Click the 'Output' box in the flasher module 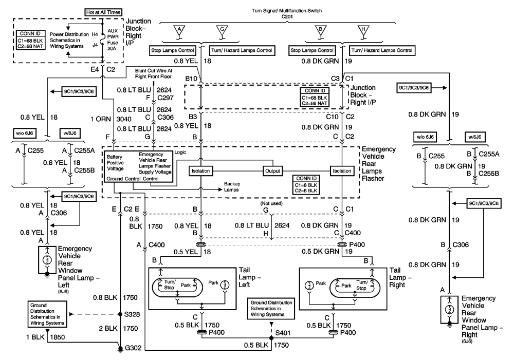[272, 171]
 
